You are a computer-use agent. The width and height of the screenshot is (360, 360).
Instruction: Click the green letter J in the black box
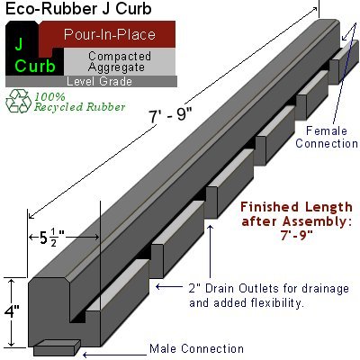tap(19, 42)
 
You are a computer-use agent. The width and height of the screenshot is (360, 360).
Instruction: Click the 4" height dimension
tap(12, 312)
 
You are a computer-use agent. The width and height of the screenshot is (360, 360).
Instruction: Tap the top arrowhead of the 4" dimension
tap(12, 281)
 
